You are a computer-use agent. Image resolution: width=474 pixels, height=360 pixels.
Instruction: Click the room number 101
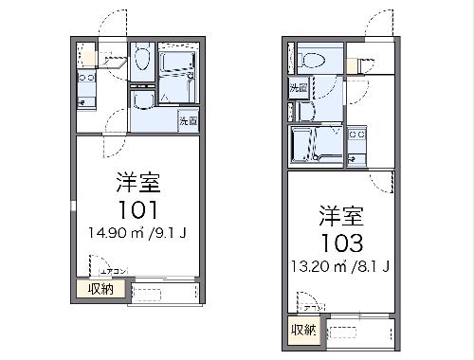(x=135, y=208)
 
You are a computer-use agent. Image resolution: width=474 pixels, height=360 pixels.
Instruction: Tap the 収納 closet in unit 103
(x=303, y=330)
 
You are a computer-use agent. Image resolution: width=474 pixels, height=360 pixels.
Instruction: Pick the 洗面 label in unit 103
(x=298, y=88)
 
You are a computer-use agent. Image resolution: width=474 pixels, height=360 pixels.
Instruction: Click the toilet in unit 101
(x=141, y=61)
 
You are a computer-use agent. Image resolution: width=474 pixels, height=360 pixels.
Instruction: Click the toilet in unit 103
(x=308, y=60)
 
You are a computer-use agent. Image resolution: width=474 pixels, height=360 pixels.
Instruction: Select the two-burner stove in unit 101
(x=85, y=93)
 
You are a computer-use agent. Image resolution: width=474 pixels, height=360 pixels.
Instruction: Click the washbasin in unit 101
(x=142, y=100)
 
